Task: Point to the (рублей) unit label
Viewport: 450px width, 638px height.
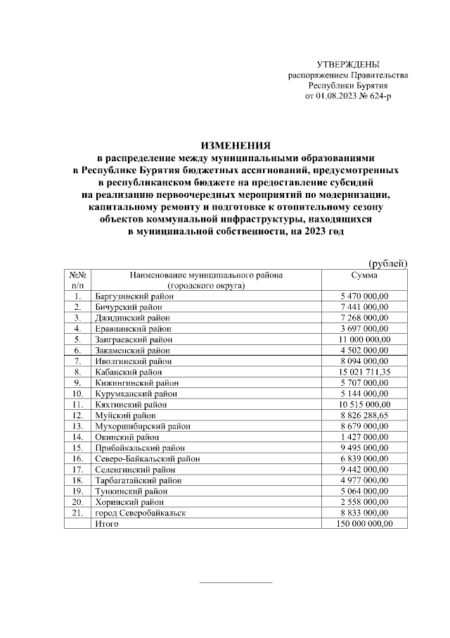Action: click(x=388, y=263)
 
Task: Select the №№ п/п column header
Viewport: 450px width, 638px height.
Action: click(x=77, y=280)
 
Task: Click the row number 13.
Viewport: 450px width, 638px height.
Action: click(x=77, y=425)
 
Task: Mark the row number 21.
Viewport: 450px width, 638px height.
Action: click(x=77, y=513)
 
